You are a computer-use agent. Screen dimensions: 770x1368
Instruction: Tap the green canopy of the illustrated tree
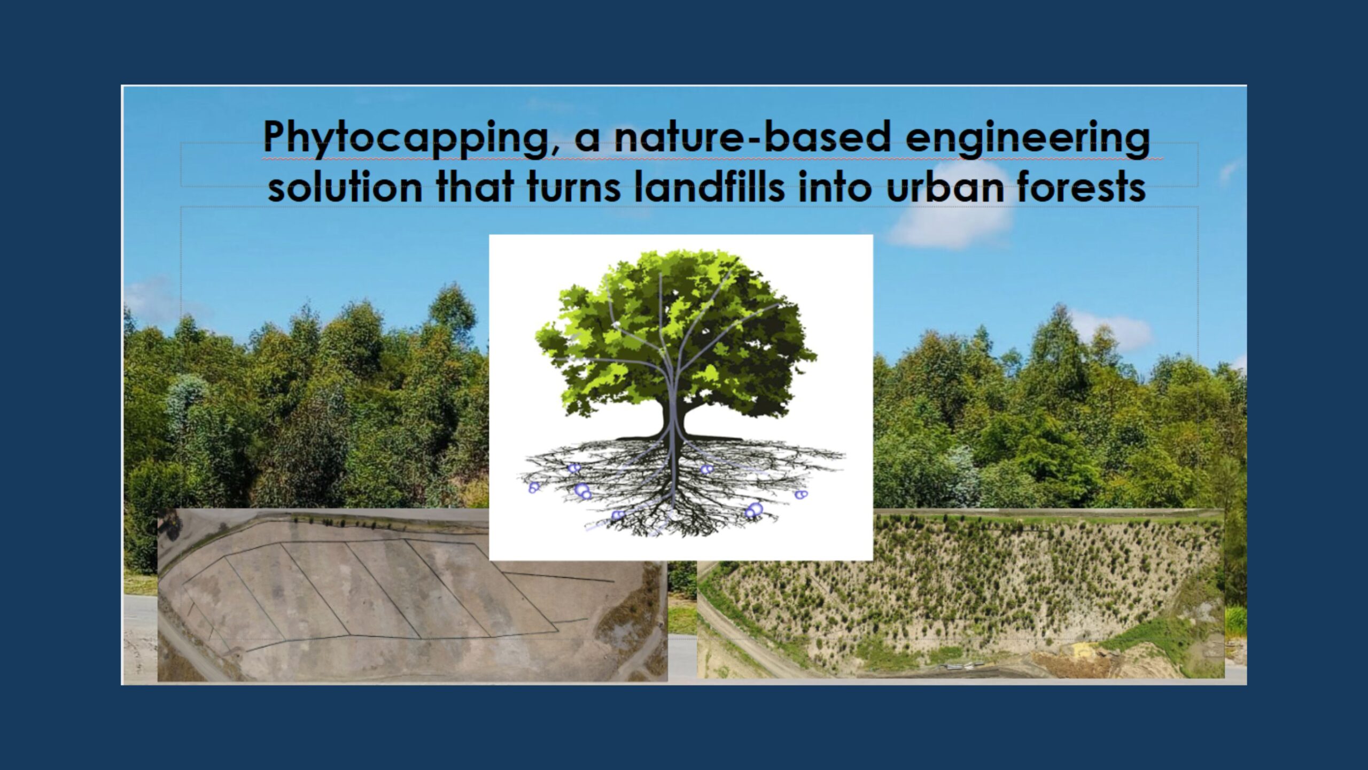pyautogui.click(x=673, y=332)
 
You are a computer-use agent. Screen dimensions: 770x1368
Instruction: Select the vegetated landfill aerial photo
pyautogui.click(x=962, y=594)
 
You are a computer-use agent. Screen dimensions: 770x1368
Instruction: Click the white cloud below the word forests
pyautogui.click(x=951, y=225)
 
